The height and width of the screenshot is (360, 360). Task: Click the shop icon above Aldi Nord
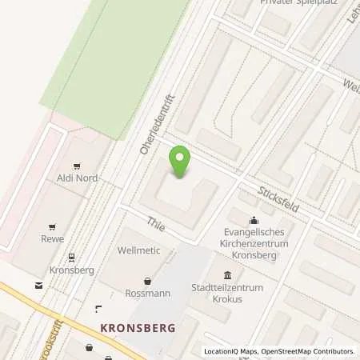[77, 166]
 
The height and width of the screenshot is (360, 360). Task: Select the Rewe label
[53, 238]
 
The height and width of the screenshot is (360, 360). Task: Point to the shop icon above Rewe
[53, 226]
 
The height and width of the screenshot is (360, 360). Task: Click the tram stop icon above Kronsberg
[71, 258]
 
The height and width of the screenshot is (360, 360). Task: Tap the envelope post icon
[38, 285]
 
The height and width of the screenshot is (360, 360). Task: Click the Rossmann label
[147, 293]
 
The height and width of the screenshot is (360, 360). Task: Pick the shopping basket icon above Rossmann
[147, 281]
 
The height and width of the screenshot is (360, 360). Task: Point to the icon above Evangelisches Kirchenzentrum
[254, 221]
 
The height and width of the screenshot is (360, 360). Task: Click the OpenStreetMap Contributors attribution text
[313, 351]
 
